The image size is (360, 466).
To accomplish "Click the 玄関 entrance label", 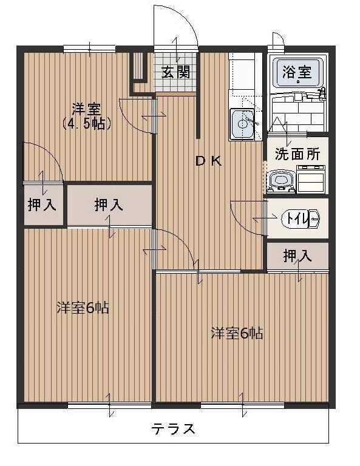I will click(175, 72).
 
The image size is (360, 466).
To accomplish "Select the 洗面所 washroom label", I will click(297, 154).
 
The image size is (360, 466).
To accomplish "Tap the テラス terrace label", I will click(174, 429).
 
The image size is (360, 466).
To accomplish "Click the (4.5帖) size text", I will click(86, 123).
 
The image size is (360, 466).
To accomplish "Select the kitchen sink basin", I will click(244, 124).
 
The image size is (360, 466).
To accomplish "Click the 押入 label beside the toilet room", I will click(297, 257).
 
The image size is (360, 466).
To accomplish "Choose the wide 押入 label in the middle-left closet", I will click(109, 205).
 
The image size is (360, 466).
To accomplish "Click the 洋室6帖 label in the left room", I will click(83, 308).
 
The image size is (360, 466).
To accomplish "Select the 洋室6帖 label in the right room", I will click(237, 333).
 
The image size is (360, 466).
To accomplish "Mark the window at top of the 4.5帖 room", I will click(89, 49).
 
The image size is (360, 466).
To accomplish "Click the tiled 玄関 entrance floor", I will click(176, 85).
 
